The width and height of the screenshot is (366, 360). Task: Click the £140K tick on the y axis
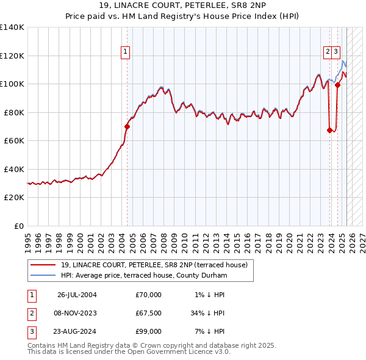click(x=12, y=27)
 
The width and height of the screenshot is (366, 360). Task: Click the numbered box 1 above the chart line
click(x=125, y=52)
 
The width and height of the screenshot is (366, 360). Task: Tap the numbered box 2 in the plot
click(x=328, y=52)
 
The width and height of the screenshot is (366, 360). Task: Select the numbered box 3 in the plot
click(x=337, y=52)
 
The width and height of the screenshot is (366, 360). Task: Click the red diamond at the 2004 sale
click(x=127, y=127)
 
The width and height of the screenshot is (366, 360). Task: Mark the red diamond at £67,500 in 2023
click(x=329, y=130)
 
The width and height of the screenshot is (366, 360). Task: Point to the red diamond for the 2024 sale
click(x=337, y=85)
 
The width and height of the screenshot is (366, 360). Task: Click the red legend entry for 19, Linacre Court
click(x=154, y=265)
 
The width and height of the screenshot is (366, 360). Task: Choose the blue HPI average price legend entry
click(x=143, y=276)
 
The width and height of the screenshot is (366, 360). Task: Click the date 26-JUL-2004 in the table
click(x=77, y=295)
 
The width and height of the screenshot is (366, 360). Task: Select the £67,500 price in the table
click(x=149, y=313)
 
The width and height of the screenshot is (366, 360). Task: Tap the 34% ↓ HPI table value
click(x=208, y=313)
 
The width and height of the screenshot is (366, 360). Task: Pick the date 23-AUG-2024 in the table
click(x=77, y=331)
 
